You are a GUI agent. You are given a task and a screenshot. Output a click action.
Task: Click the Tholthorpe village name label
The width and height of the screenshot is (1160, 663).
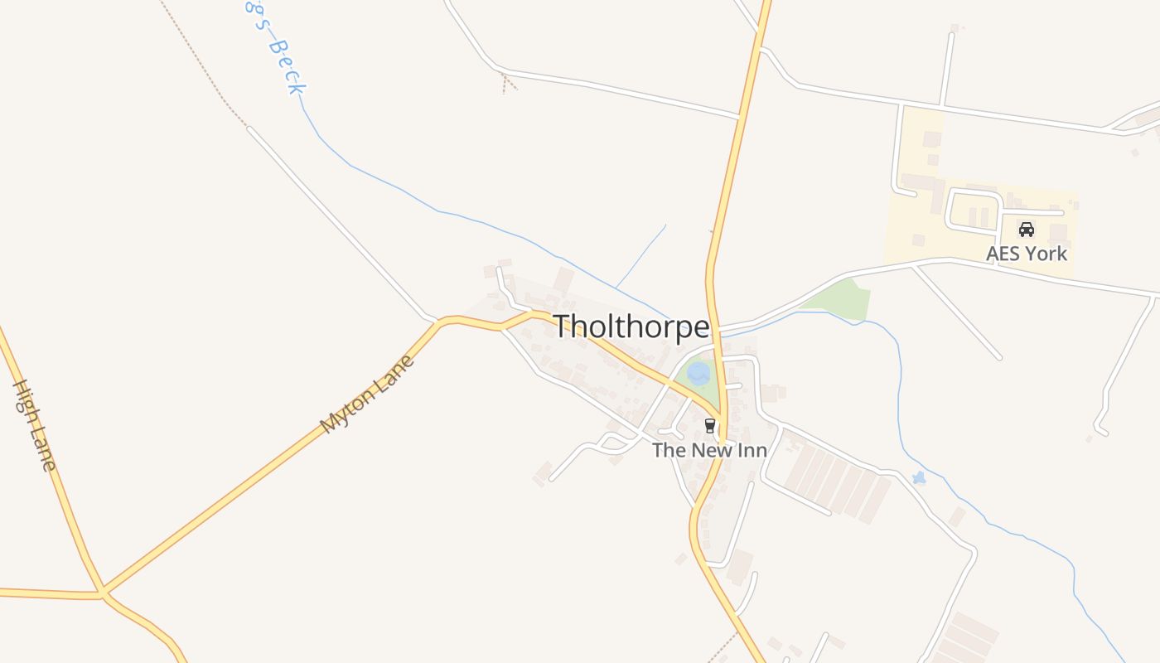(631, 327)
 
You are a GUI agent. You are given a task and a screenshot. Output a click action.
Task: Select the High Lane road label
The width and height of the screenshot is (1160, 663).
(35, 425)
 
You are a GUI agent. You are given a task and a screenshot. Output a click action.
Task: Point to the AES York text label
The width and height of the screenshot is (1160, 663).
(1027, 254)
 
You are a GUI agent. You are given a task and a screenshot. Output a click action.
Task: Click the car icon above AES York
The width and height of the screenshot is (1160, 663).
(1027, 230)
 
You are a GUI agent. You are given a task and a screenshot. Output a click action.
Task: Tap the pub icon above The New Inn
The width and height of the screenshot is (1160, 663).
(709, 426)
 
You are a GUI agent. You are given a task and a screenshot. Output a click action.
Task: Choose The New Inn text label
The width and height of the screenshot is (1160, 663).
(709, 450)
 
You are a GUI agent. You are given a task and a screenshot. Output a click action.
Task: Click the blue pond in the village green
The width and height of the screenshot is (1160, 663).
(698, 372)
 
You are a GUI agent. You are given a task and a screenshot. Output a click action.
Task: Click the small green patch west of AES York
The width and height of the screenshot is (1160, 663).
(841, 298)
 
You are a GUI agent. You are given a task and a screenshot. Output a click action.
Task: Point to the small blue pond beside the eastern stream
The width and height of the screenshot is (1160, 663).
(918, 478)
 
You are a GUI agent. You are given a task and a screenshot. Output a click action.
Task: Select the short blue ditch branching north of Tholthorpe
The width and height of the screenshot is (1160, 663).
(640, 256)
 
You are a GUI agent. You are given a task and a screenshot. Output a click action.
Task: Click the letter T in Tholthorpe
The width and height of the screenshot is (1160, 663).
(563, 327)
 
